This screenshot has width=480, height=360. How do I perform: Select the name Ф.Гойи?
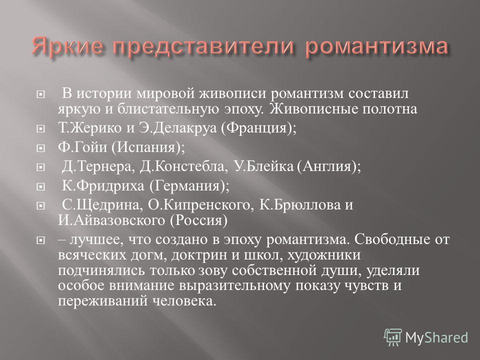82,147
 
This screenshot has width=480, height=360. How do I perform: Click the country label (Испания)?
148,147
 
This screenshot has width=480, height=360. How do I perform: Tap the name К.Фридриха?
103,186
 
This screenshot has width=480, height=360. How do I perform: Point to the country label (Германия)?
189,186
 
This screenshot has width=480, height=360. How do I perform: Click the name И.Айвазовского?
111,220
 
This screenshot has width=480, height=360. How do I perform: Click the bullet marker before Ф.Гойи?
40,148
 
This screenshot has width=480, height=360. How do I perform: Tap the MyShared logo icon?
393,337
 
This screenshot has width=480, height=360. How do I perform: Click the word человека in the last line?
184,301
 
